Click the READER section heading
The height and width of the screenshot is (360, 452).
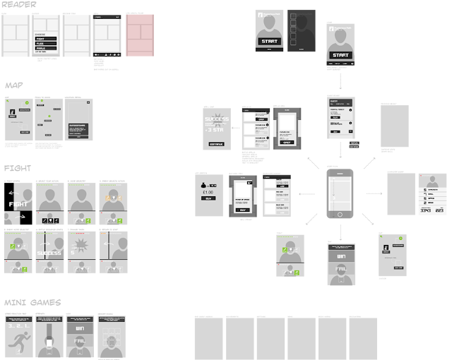tap(18, 5)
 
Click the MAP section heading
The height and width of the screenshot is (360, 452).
tap(14, 85)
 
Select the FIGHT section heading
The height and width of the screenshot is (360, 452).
tap(17, 169)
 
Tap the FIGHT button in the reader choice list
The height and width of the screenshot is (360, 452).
tap(47, 38)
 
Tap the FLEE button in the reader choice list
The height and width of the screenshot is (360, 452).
tap(47, 43)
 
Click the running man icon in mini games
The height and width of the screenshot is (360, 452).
tap(16, 343)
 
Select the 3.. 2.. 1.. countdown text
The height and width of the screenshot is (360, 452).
tap(16, 327)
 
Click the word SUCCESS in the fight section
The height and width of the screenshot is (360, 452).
tap(50, 252)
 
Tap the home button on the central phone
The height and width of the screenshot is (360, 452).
tap(340, 214)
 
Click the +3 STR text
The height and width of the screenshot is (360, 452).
tap(216, 130)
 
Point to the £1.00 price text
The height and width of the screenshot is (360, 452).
tap(208, 192)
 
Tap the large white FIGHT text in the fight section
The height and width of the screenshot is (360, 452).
tap(18, 204)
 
